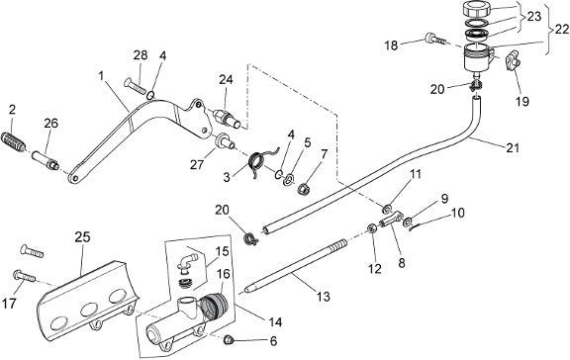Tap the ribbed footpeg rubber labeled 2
coord(14,140)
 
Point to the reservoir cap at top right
coord(477,9)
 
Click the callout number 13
coord(323,297)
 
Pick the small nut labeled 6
coord(229,339)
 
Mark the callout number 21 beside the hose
coord(513,147)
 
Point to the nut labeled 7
coord(303,189)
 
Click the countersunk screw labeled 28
coord(135,85)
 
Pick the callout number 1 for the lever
coord(101,76)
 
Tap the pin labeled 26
coord(46,161)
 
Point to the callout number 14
coord(275,321)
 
